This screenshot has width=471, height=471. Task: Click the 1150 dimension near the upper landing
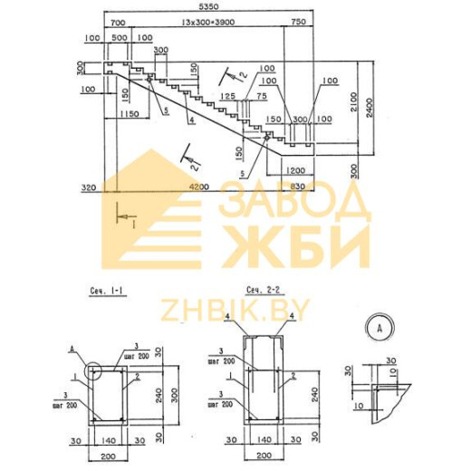[128, 113]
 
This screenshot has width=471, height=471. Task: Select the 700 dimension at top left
[116, 21]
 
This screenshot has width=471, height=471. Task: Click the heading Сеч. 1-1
[108, 291]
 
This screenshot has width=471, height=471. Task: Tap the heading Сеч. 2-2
[261, 290]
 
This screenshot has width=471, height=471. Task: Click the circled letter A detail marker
[376, 327]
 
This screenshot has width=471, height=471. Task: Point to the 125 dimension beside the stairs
[228, 95]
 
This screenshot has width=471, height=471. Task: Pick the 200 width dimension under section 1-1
[109, 454]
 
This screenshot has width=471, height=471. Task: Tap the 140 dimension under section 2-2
[263, 441]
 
